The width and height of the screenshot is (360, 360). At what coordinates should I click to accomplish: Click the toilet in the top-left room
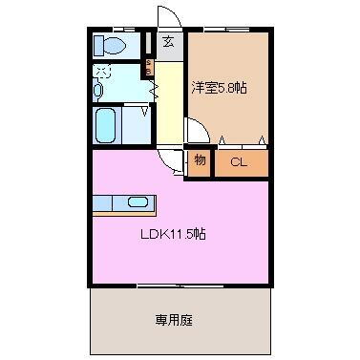click(x=108, y=45)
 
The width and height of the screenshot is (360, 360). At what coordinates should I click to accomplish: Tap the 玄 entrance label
click(x=167, y=41)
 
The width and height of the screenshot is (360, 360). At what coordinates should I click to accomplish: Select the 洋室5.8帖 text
click(x=220, y=87)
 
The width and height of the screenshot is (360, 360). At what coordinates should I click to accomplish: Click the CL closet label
click(x=238, y=161)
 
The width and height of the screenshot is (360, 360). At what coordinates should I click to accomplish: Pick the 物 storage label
click(x=199, y=160)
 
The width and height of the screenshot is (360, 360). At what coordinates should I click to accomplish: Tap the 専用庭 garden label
click(x=178, y=320)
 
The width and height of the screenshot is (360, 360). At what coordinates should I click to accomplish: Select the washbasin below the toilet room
click(x=98, y=90)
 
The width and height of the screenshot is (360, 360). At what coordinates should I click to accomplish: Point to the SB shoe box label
click(x=148, y=67)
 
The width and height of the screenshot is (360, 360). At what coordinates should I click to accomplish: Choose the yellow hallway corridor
click(x=168, y=105)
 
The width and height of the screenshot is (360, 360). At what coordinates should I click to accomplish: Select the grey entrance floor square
click(x=169, y=47)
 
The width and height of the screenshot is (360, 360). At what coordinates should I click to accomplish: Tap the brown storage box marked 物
click(x=199, y=161)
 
